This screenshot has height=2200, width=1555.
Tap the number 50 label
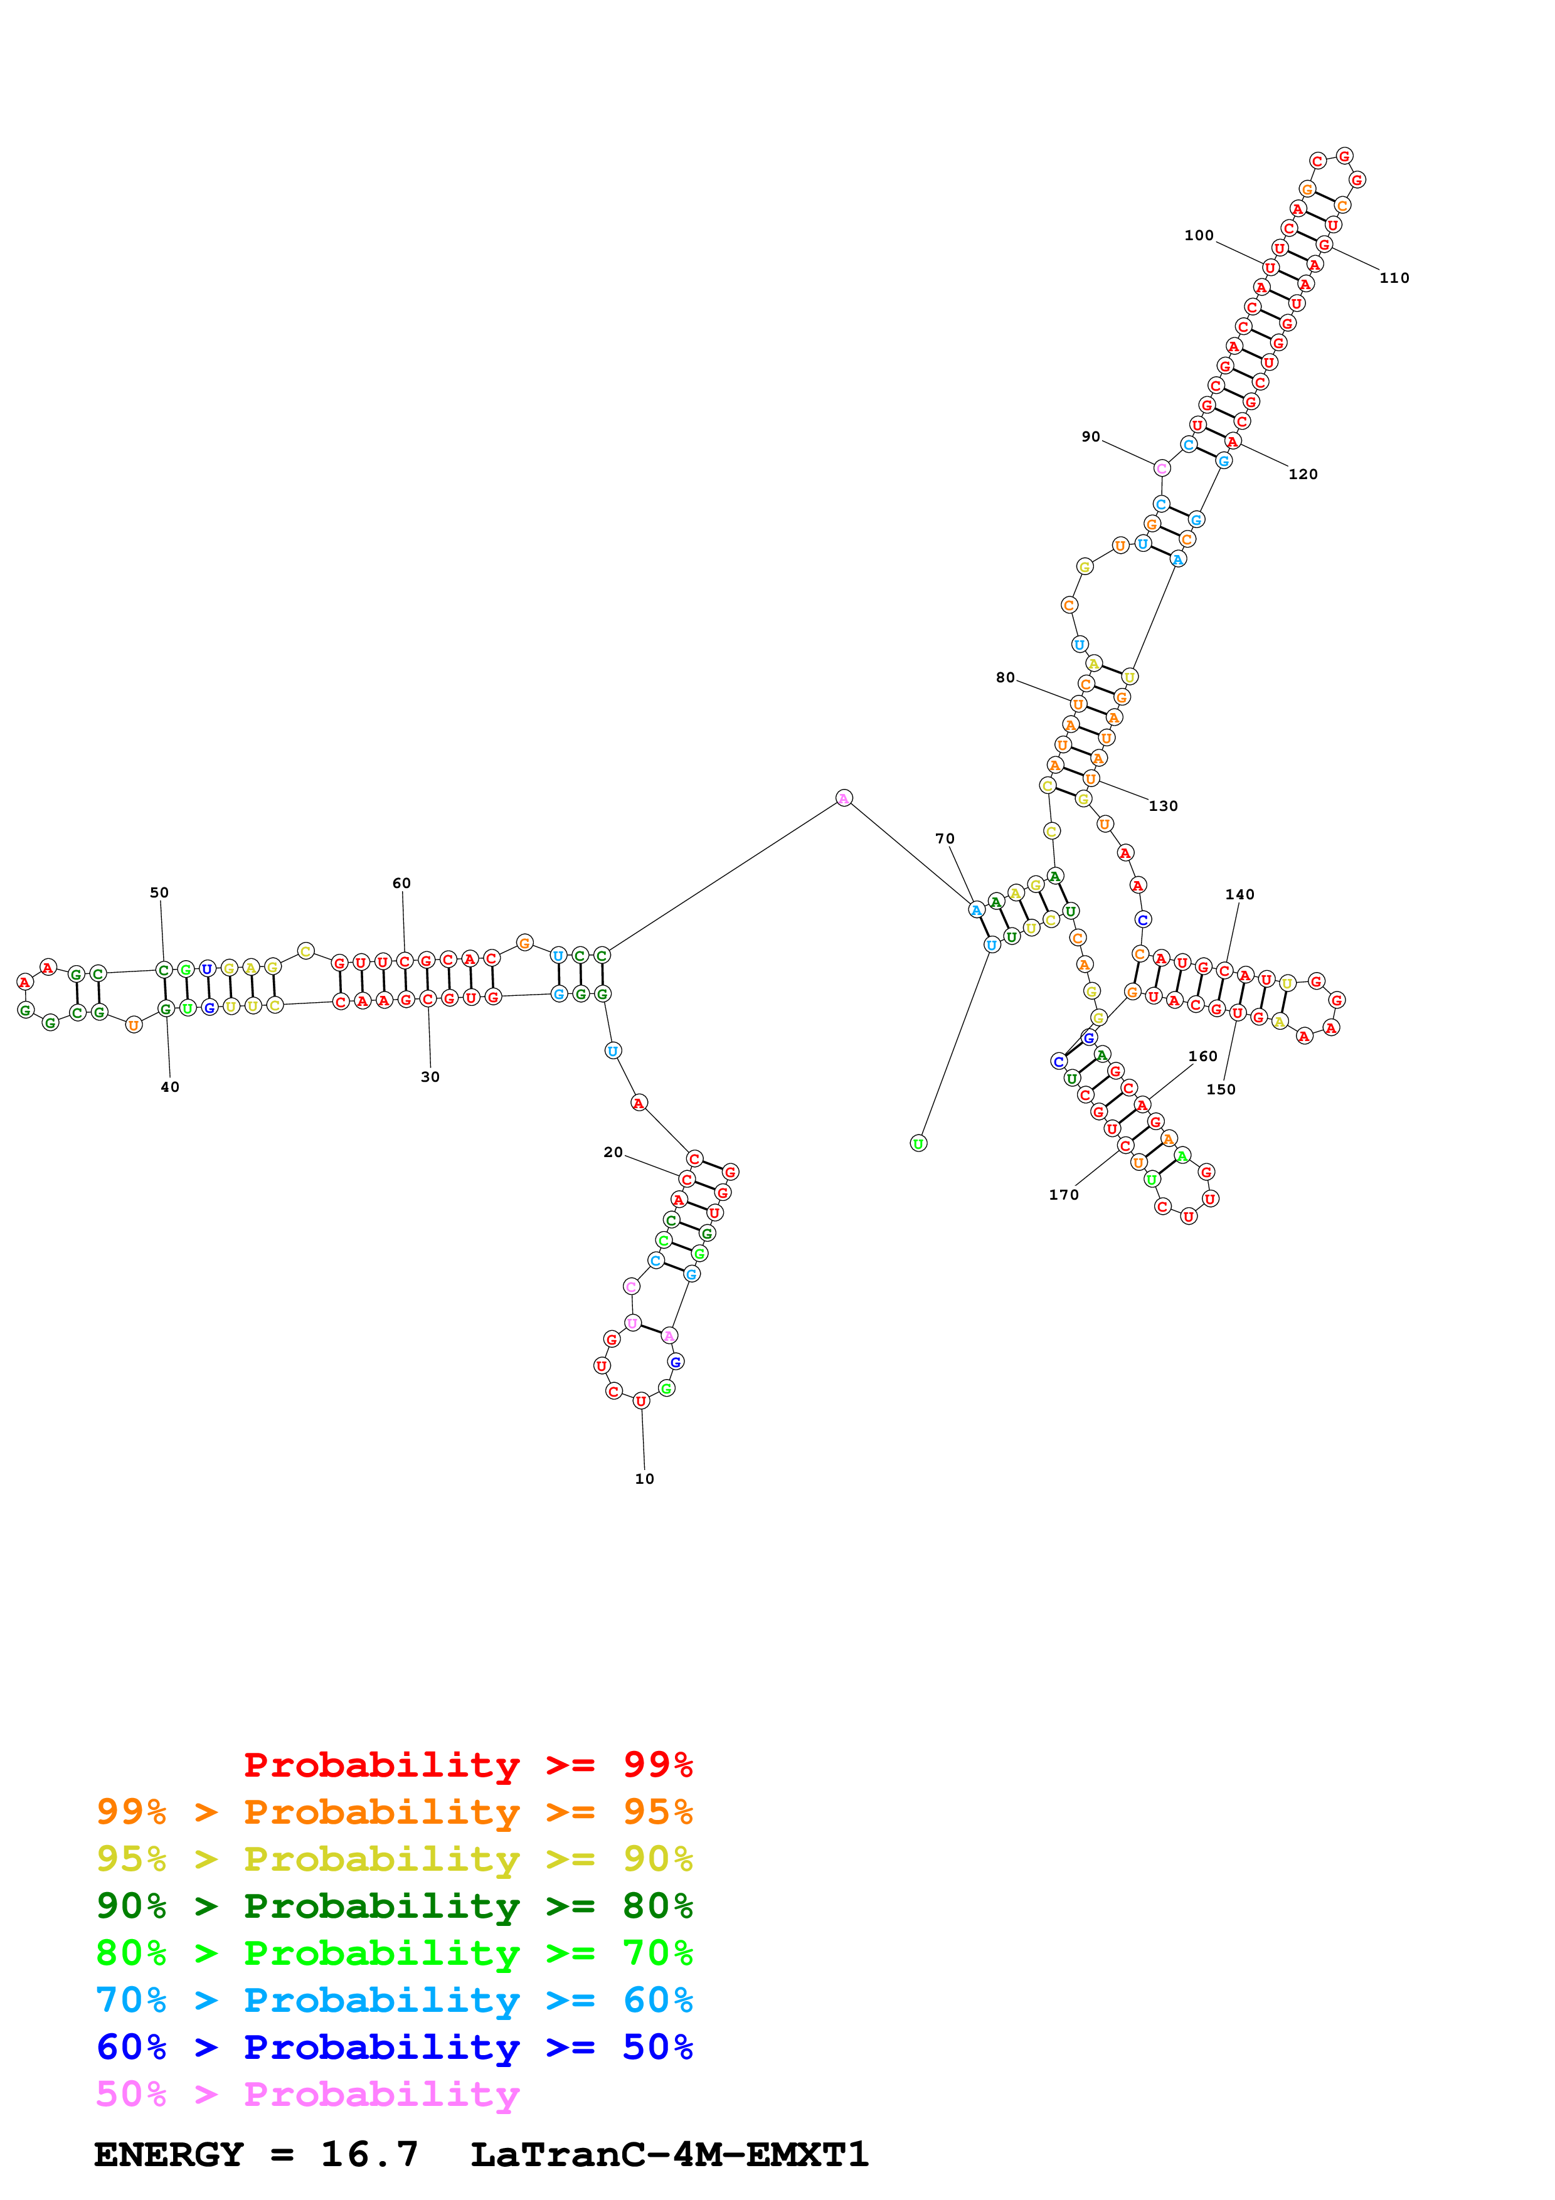point(159,892)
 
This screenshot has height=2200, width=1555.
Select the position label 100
point(1199,235)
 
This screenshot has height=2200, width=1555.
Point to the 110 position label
point(1394,278)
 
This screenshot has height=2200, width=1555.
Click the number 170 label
point(1063,1194)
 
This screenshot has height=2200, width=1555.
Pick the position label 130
point(1163,806)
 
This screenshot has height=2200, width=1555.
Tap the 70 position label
point(945,838)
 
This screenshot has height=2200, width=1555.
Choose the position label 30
point(430,1077)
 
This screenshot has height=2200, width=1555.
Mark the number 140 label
point(1239,894)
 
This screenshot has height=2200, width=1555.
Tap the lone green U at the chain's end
point(918,1143)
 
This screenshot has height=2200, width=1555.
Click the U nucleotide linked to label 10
point(641,1401)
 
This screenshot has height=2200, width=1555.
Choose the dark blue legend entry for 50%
point(395,2047)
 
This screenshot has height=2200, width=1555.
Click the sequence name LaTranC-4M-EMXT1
point(670,2154)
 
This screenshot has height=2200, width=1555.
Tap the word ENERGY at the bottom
point(169,2154)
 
